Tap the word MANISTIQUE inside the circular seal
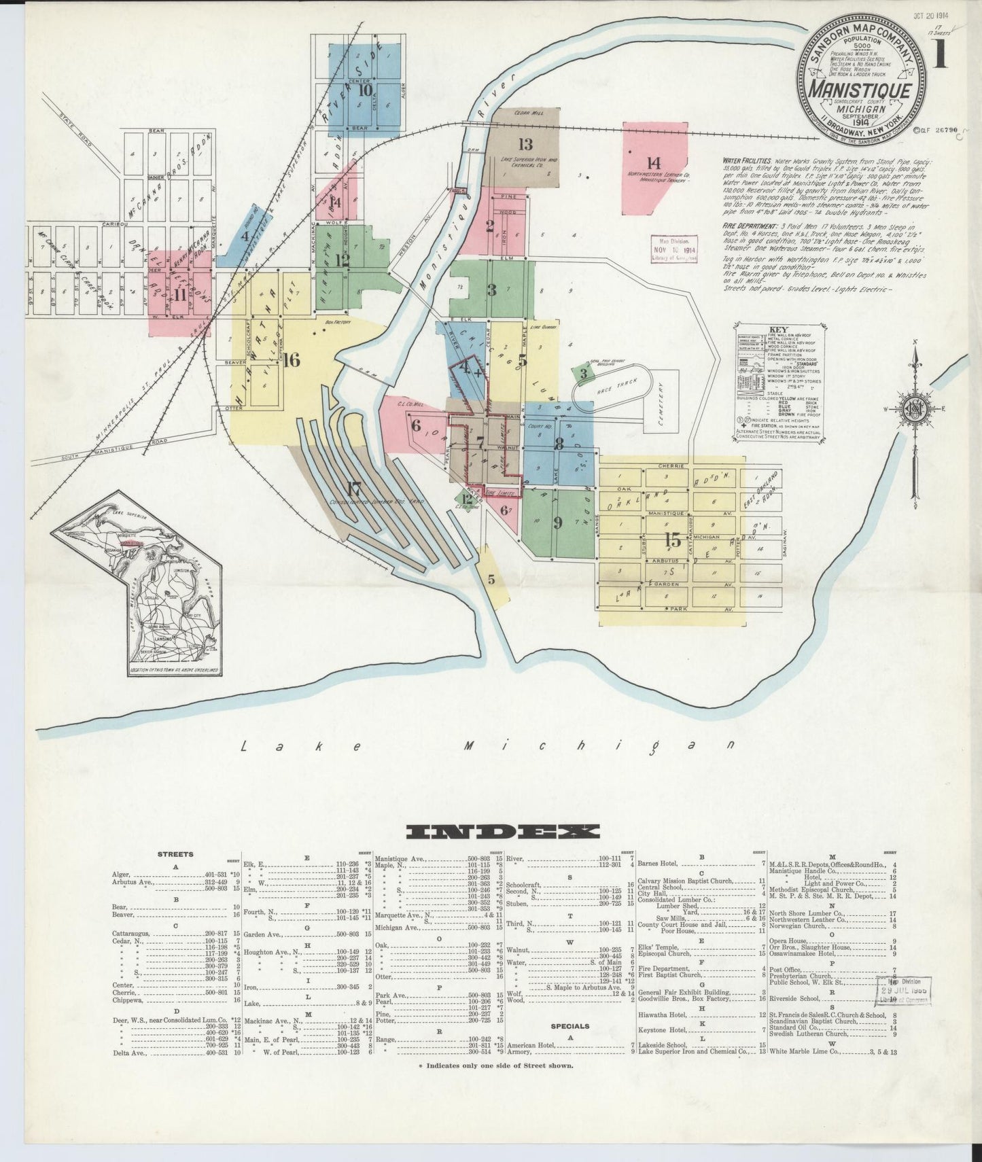click(x=861, y=90)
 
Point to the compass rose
click(x=913, y=407)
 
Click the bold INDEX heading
click(x=502, y=832)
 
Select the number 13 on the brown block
click(x=525, y=144)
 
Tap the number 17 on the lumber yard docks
click(x=353, y=489)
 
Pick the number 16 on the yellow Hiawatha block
click(x=291, y=360)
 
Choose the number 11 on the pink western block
click(x=180, y=295)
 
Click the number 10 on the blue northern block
click(x=365, y=89)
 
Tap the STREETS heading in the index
click(x=175, y=854)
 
